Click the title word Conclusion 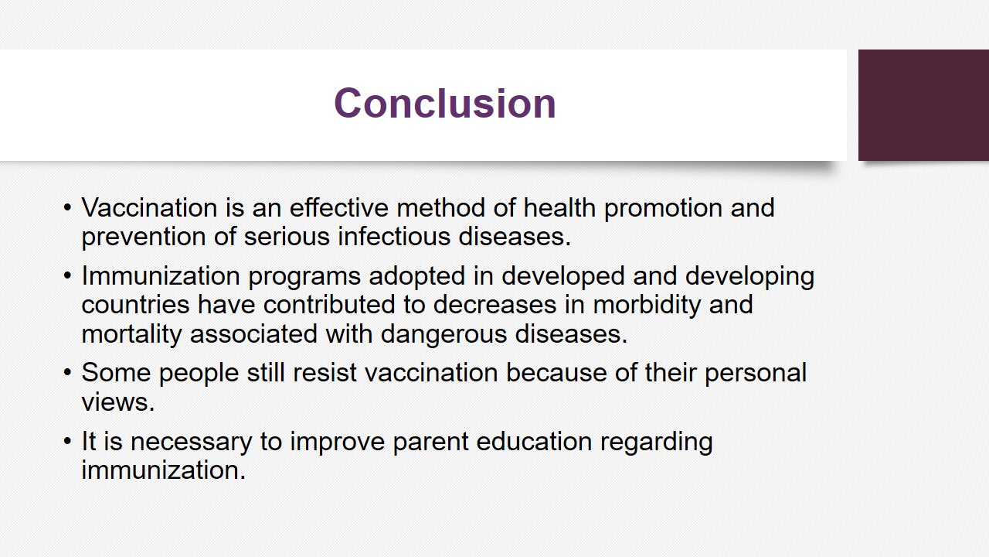coord(444,103)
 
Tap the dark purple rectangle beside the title coord(923,105)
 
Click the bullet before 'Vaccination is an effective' coord(67,207)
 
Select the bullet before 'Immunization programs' coord(67,276)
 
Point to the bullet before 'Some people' coord(67,372)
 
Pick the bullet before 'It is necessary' coord(67,441)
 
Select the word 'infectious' coord(394,236)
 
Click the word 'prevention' coord(144,237)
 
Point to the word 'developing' coord(749,277)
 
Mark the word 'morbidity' coord(647,305)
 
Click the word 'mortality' coord(131,334)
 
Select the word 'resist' coord(325,372)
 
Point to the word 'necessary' coord(191,442)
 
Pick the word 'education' coord(534,441)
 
